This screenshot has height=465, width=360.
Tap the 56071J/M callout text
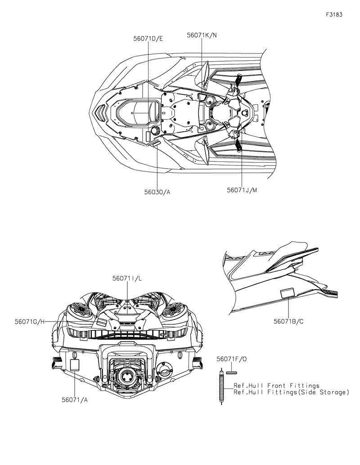click(242, 190)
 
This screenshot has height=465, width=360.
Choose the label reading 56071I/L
click(127, 279)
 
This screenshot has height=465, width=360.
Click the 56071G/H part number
click(30, 322)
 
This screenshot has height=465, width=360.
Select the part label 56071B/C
click(288, 322)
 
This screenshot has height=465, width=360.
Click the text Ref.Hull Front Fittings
click(276, 385)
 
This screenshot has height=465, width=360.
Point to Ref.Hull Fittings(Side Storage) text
click(291, 392)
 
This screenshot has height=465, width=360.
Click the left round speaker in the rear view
click(81, 311)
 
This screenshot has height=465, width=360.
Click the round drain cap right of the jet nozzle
click(164, 371)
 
